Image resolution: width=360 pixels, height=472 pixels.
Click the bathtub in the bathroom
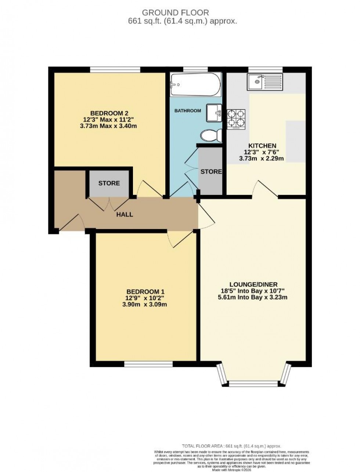pos(196,84)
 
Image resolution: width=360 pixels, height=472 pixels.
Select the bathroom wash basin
pos(214,112)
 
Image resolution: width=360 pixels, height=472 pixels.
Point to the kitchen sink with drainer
pos(265,82)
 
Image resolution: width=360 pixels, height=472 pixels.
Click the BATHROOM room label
pos(188,110)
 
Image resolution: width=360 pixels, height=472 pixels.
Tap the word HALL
pos(125,214)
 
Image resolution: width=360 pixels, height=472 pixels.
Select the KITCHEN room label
pos(262,145)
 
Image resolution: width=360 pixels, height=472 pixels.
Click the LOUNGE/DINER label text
pos(253,284)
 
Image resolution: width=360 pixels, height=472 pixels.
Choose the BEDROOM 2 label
pos(109,113)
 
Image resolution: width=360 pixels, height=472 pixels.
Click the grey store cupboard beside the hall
pos(109,183)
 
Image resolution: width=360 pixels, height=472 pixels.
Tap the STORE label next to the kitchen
pos(211,171)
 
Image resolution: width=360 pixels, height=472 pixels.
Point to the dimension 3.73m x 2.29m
pos(262,159)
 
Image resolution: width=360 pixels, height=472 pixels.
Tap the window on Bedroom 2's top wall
pos(115,69)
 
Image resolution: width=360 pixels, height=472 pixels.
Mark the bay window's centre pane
pos(253,384)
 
